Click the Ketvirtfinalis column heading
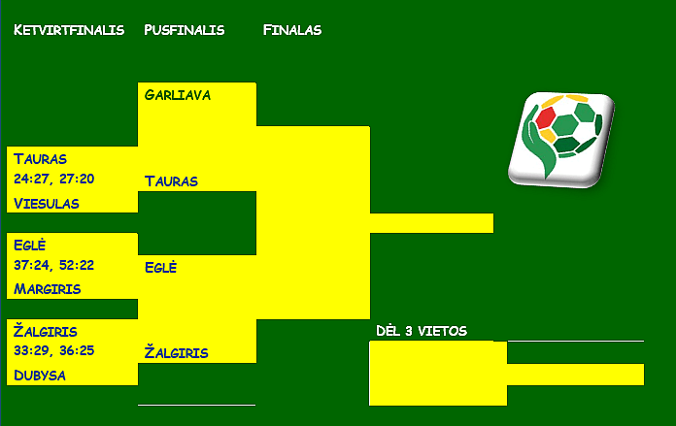pos(69,30)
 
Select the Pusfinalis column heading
pos(185,30)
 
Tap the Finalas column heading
pos(292,30)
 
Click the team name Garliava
pos(178,95)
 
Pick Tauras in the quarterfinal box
pos(40,159)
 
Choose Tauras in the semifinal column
pos(171,181)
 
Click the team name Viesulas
pos(46,204)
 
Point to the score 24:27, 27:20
pos(53,179)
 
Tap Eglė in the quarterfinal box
pos(29,245)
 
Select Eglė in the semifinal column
pos(160,267)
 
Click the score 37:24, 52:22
pos(53,265)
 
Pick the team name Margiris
pos(47,288)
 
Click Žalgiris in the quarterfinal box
pos(46,331)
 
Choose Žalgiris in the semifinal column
pos(177,352)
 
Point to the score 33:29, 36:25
pos(53,350)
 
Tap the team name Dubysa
pos(40,376)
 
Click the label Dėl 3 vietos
pos(422,331)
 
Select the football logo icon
pos(561,140)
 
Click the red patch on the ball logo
pos(546,117)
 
